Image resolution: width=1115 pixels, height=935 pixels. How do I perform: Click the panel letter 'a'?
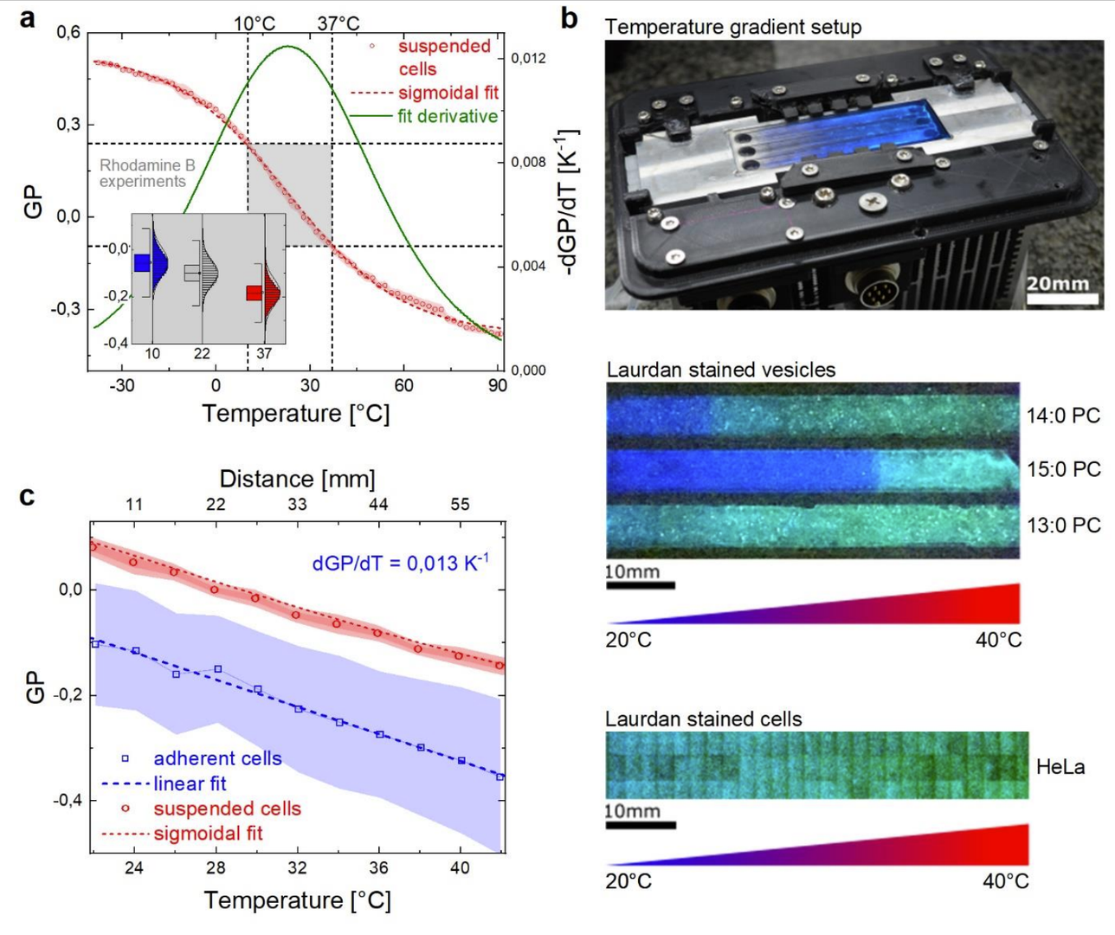pyautogui.click(x=27, y=20)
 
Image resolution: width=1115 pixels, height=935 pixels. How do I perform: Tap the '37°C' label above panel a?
pyautogui.click(x=338, y=23)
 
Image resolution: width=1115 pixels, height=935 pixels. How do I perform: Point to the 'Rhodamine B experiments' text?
pyautogui.click(x=147, y=173)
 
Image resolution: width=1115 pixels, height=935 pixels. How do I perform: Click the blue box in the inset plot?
pyautogui.click(x=141, y=262)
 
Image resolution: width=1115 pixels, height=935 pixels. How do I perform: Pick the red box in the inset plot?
pyautogui.click(x=255, y=293)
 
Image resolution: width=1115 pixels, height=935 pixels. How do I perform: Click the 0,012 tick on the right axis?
pyautogui.click(x=529, y=58)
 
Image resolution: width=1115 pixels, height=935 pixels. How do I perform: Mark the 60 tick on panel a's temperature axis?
pyautogui.click(x=403, y=385)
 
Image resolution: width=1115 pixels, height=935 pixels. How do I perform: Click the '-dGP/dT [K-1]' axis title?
pyautogui.click(x=570, y=202)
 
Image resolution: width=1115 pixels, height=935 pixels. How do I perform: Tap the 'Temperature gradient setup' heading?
pyautogui.click(x=732, y=27)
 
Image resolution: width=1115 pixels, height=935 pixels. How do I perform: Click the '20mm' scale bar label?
pyautogui.click(x=1058, y=283)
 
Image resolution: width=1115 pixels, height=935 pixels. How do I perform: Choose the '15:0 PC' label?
pyautogui.click(x=1064, y=469)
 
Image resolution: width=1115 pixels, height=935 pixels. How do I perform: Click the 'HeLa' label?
pyautogui.click(x=1060, y=767)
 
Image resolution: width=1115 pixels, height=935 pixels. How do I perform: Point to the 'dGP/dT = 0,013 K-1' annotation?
pyautogui.click(x=401, y=562)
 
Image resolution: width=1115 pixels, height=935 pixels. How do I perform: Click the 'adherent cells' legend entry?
pyautogui.click(x=217, y=758)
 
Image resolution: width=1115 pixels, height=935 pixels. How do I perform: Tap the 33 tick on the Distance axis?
pyautogui.click(x=298, y=504)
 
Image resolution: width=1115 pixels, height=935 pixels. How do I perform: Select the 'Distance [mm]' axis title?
pyautogui.click(x=298, y=479)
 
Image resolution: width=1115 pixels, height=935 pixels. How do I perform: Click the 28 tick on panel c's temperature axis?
pyautogui.click(x=216, y=867)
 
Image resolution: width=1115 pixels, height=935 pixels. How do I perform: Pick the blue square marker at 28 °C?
pyautogui.click(x=218, y=668)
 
